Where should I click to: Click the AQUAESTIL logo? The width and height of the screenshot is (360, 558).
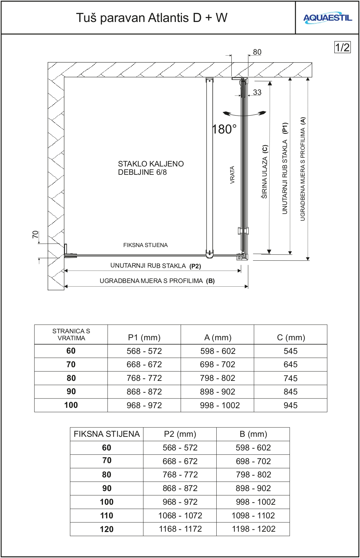327,18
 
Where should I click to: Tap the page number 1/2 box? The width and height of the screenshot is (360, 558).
342,47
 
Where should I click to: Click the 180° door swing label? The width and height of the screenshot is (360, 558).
224,129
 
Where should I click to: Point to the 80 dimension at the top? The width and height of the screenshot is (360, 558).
257,52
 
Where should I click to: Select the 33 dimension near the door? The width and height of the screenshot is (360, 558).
257,92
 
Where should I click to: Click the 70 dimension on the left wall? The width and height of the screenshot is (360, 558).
35,234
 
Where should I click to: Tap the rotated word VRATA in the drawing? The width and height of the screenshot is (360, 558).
232,175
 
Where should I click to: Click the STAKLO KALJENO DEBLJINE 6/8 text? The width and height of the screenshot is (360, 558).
151,168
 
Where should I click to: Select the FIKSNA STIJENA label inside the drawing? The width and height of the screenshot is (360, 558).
145,245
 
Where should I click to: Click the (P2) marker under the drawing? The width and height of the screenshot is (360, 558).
195,266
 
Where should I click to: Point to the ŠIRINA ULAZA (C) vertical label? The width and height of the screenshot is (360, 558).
264,171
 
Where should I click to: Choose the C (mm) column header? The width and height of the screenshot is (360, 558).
291,338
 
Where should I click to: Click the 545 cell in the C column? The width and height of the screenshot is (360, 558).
290,351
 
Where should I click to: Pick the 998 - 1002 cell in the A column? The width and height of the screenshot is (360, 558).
220,405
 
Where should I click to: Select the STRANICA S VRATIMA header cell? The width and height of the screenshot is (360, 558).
71,335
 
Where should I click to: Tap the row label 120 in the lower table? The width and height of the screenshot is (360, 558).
107,529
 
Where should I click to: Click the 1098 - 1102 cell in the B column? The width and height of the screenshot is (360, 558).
253,515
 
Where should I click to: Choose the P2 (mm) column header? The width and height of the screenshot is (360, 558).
180,434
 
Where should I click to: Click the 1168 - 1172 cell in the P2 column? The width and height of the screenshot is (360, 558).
180,529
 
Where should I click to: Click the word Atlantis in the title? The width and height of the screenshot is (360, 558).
169,18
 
